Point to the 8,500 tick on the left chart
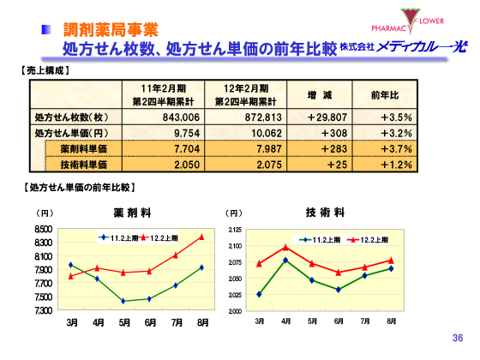43,229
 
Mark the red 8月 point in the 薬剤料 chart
202,237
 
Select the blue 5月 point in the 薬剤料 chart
123,301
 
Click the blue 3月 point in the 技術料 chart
259,294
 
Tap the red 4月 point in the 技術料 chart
285,247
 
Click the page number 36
456,339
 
